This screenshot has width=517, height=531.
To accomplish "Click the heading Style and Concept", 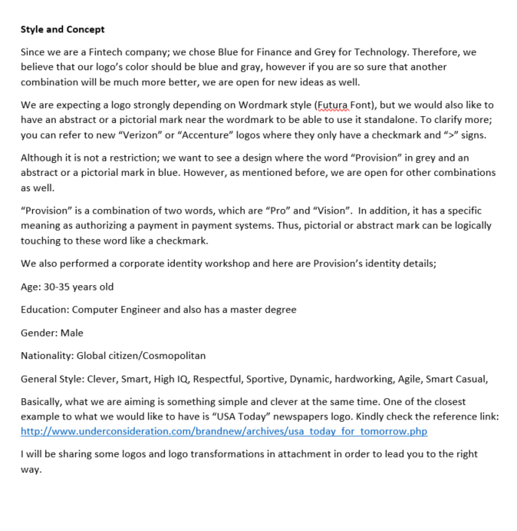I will pyautogui.click(x=63, y=29).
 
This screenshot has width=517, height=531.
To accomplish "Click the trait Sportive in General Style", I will pyautogui.click(x=289, y=379).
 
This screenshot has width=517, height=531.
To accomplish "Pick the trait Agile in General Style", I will pyautogui.click(x=410, y=379).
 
